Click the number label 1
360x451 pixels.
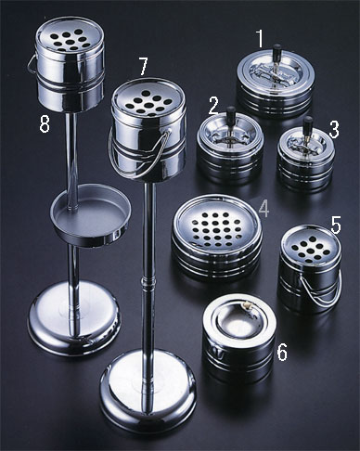[x=260, y=38]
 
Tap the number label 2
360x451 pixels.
[x=214, y=106]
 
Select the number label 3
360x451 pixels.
[x=334, y=129]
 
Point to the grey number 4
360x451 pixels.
[x=264, y=208]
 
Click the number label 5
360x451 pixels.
[x=336, y=225]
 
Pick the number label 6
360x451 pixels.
[x=282, y=352]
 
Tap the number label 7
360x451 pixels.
[x=143, y=67]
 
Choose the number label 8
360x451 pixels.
[x=45, y=124]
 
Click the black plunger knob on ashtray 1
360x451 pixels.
[x=277, y=49]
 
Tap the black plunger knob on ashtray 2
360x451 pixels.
[x=231, y=111]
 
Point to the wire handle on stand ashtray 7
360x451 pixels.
[x=139, y=155]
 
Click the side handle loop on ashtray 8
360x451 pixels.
[x=32, y=64]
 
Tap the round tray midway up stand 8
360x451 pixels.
[x=91, y=216]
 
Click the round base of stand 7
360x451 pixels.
[x=148, y=392]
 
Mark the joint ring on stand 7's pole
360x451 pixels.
[x=148, y=282]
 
